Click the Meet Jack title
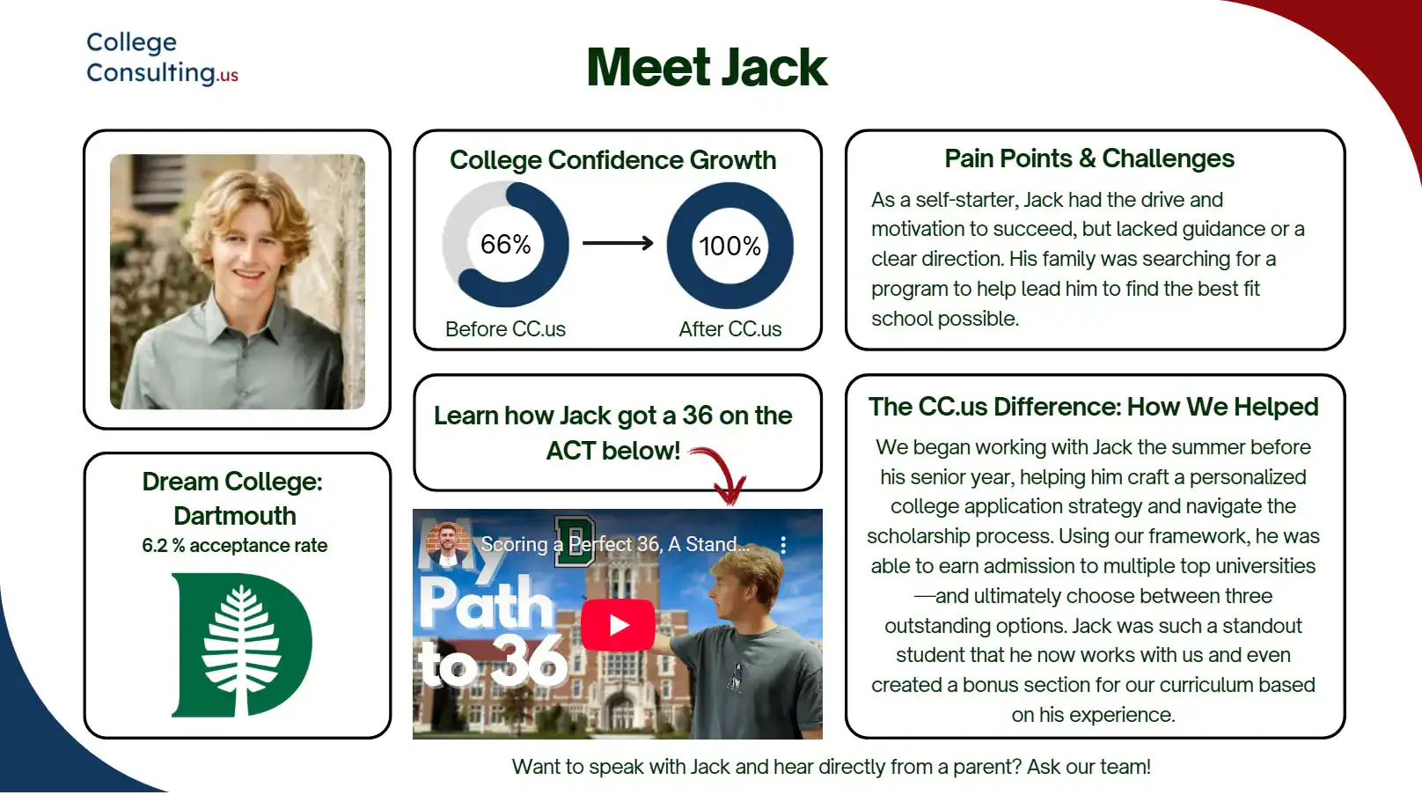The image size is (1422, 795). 707,68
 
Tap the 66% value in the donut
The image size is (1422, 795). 505,245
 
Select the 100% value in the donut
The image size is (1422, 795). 729,246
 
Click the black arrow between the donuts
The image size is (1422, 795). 618,243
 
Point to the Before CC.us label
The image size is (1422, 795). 505,329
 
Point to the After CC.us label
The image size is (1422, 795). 729,329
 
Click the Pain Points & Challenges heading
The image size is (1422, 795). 1088,158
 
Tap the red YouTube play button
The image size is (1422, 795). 618,625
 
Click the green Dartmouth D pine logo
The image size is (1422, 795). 240,644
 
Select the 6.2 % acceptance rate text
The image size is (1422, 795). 234,546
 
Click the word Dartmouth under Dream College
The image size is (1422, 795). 234,516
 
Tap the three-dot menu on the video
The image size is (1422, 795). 783,545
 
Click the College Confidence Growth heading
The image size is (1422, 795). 612,160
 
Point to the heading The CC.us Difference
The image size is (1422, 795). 1093,407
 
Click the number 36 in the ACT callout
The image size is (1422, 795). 697,416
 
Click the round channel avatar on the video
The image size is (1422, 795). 448,544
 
